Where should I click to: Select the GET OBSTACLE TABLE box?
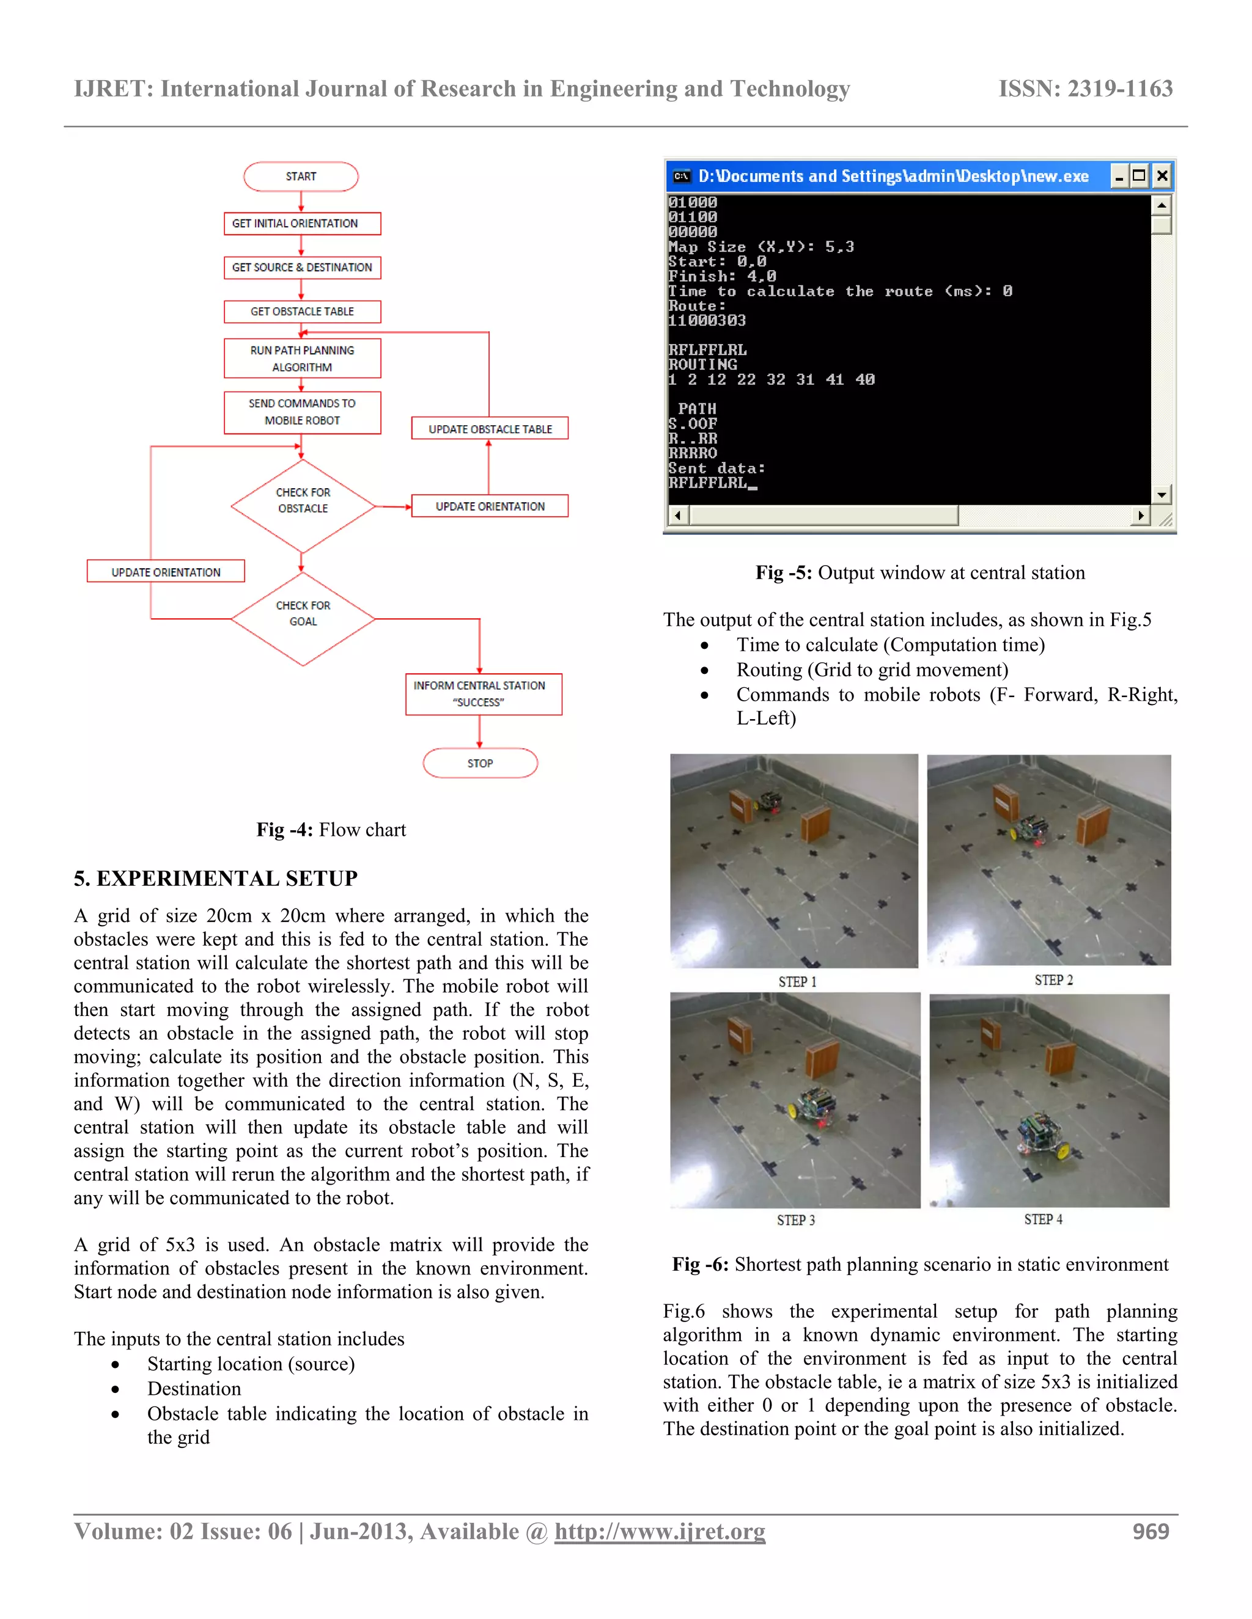[302, 312]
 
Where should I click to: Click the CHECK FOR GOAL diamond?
[303, 618]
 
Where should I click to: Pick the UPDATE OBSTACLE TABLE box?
[490, 428]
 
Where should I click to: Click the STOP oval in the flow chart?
[480, 763]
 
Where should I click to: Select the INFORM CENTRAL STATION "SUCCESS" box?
[483, 694]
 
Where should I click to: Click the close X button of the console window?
[1162, 176]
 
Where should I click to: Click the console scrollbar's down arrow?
[1162, 494]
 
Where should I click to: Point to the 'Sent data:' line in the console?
[716, 469]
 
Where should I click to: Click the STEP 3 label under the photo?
[796, 1219]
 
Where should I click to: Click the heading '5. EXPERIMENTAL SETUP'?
[215, 879]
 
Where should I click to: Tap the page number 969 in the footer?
[1150, 1531]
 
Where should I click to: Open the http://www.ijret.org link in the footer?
[660, 1531]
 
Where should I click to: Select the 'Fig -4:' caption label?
[284, 830]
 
